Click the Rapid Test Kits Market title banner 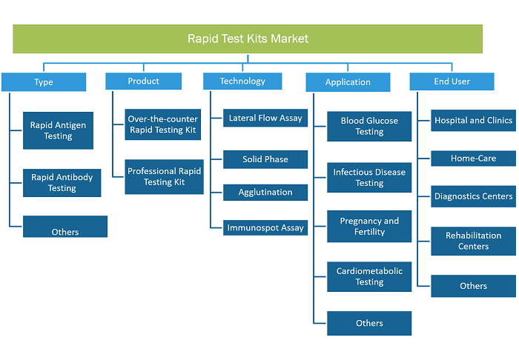click(x=248, y=39)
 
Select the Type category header click(x=44, y=82)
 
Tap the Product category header click(x=143, y=81)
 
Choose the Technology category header click(x=242, y=81)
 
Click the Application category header click(x=348, y=82)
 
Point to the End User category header click(x=452, y=81)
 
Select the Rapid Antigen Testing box click(x=58, y=130)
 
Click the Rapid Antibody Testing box click(x=62, y=183)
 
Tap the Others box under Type click(x=65, y=227)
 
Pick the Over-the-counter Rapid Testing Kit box click(x=163, y=124)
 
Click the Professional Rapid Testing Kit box click(x=164, y=177)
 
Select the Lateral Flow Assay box click(x=265, y=118)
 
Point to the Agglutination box click(x=265, y=193)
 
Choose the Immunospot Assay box click(x=265, y=227)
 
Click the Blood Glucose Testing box click(x=369, y=126)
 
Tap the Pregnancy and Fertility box click(x=369, y=227)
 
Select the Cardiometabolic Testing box click(x=369, y=277)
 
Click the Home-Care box click(x=473, y=159)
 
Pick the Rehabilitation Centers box click(x=473, y=241)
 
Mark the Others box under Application click(x=369, y=323)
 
